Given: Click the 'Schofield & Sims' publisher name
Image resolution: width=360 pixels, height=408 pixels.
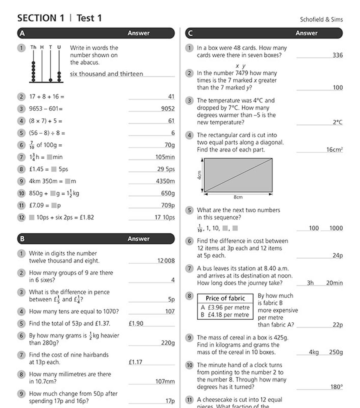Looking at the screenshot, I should [321, 20].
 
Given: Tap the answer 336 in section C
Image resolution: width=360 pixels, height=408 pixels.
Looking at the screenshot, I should [337, 55].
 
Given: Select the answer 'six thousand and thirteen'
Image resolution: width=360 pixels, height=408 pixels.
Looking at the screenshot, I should [106, 74].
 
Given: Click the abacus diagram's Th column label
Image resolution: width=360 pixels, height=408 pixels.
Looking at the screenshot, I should [33, 47].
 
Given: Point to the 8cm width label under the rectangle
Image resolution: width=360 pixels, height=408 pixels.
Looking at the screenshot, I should [238, 197].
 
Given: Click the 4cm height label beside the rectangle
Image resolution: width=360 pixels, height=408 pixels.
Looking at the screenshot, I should [199, 175].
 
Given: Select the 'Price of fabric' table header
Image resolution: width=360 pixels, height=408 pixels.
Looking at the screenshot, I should [225, 298].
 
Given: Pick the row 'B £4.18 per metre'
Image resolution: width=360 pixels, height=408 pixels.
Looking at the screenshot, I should [225, 315].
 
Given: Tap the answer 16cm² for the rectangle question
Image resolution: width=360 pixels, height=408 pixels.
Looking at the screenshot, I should [334, 150].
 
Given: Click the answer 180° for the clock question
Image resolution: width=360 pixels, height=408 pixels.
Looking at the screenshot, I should [336, 387].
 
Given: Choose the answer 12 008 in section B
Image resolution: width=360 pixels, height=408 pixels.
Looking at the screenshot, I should [166, 261].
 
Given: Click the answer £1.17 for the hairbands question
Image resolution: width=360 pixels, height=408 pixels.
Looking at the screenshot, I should [135, 362].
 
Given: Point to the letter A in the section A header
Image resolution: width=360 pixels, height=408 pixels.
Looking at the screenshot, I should [22, 33].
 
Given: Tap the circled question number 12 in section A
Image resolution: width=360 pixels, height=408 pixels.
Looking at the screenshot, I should [21, 218].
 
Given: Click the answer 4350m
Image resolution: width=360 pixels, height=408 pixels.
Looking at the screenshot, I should [165, 181].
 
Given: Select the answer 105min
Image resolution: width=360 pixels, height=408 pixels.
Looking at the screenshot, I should [165, 157].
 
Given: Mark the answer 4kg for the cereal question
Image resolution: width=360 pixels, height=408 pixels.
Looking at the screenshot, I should [314, 352].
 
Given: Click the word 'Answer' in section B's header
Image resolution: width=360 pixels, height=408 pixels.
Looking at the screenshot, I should [138, 239].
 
